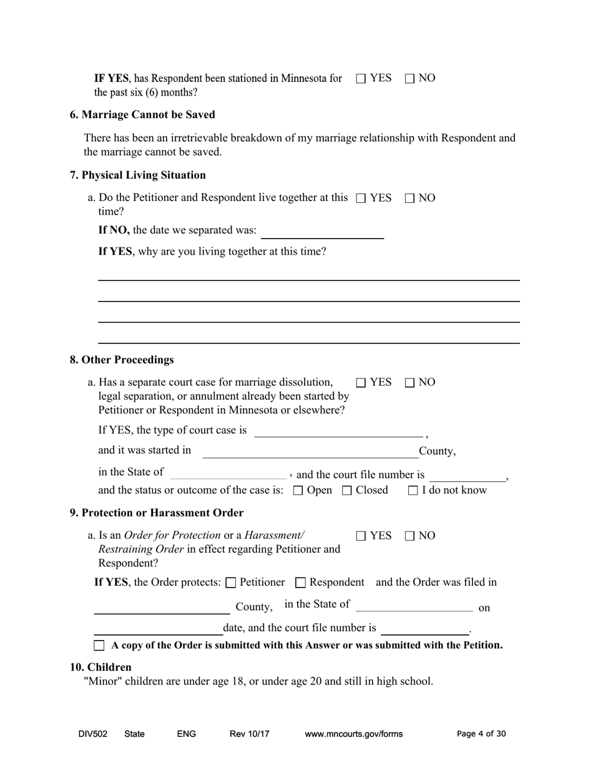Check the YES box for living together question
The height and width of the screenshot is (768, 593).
[x=361, y=199]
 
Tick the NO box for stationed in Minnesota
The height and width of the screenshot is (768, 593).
[x=409, y=79]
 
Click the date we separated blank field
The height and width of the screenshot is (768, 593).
[x=321, y=232]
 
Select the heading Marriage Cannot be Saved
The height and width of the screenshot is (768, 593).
[x=142, y=115]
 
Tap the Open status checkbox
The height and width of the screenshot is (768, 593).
[x=298, y=491]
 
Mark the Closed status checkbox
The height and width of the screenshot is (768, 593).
[x=347, y=491]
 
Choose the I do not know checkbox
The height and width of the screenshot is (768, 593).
[x=413, y=491]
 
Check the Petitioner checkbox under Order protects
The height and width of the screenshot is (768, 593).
[x=230, y=583]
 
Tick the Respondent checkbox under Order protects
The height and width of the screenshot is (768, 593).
[x=300, y=583]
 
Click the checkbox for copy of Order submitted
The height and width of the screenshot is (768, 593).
[x=99, y=646]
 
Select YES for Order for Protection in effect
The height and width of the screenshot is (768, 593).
[x=361, y=536]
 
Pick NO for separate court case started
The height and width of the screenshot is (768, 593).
[x=409, y=383]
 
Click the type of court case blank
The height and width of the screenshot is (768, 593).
[x=338, y=431]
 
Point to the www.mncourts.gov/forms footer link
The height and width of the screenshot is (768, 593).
[x=353, y=734]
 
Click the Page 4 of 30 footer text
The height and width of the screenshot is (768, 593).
[x=481, y=734]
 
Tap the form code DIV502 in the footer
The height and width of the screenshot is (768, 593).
[x=93, y=734]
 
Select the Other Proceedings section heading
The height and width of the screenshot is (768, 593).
[x=122, y=360]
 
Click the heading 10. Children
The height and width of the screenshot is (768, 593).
[x=100, y=667]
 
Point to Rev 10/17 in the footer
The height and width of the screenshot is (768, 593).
[x=250, y=734]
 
